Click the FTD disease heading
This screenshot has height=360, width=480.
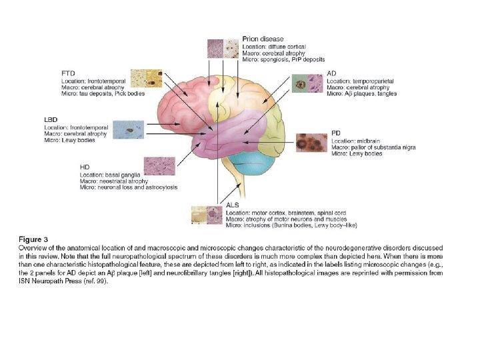(x=67, y=72)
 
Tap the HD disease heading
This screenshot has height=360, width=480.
(x=85, y=166)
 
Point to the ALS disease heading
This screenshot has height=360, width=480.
(x=233, y=204)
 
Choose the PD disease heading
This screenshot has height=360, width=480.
(x=336, y=132)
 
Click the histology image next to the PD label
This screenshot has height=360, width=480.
(x=311, y=143)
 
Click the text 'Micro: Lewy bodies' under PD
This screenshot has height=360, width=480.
(x=357, y=154)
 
